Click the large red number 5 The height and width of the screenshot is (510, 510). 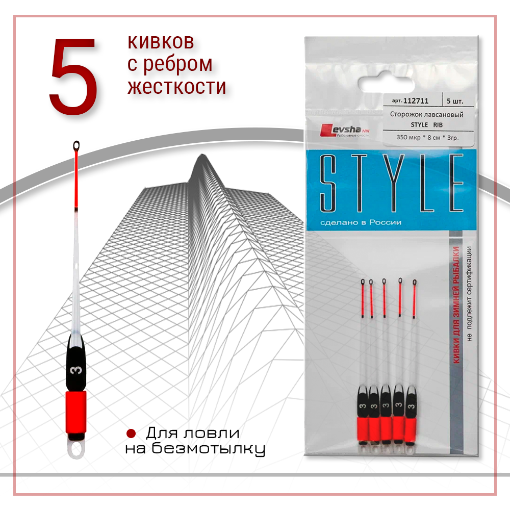tap(73, 75)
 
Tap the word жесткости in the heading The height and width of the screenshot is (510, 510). tap(176, 86)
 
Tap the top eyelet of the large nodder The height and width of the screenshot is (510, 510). tap(76, 146)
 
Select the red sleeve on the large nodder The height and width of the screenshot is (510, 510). tap(76, 411)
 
